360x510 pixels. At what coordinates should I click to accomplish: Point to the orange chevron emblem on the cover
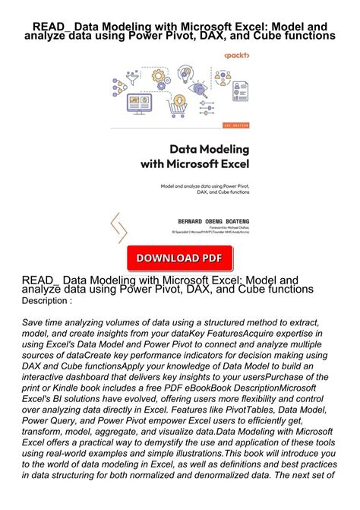point(118,227)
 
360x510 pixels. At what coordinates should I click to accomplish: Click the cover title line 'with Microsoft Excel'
point(194,163)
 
